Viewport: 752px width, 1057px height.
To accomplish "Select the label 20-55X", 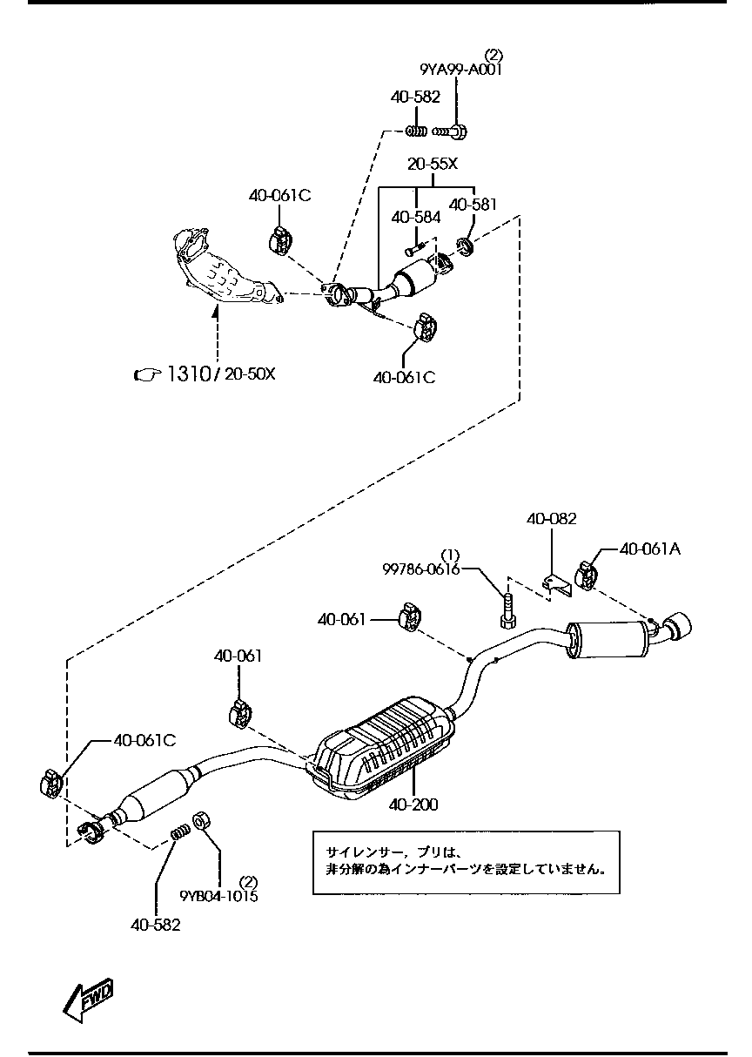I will tap(433, 164).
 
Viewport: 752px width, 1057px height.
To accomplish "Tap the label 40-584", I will tap(415, 216).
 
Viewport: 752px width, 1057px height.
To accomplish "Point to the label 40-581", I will tap(473, 205).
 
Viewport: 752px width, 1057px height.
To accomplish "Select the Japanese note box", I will tap(466, 861).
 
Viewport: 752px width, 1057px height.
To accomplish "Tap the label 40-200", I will tap(413, 805).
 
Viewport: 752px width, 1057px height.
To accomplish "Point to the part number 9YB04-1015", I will tap(218, 896).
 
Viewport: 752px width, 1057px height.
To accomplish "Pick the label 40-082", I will tap(551, 519).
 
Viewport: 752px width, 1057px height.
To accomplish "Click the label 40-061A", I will tap(650, 549).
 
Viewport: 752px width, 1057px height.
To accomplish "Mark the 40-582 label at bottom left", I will tap(156, 925).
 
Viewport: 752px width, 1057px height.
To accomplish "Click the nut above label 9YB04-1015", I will tap(201, 821).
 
